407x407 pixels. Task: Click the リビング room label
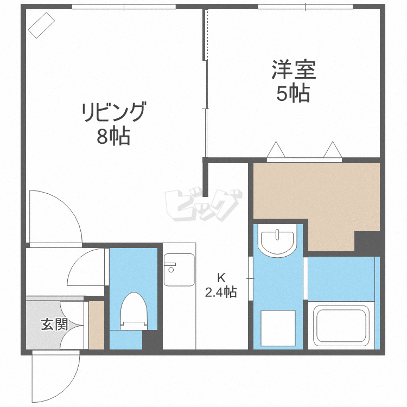[x=114, y=113]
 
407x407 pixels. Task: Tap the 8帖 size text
[x=113, y=136]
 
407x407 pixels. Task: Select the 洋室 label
[x=294, y=70]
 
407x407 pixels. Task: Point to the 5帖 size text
[x=293, y=94]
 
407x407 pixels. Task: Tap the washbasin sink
[x=277, y=241]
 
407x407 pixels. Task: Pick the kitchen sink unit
[x=179, y=269]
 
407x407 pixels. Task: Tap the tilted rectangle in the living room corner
[x=42, y=25]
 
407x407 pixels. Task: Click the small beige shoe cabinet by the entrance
[x=96, y=325]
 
